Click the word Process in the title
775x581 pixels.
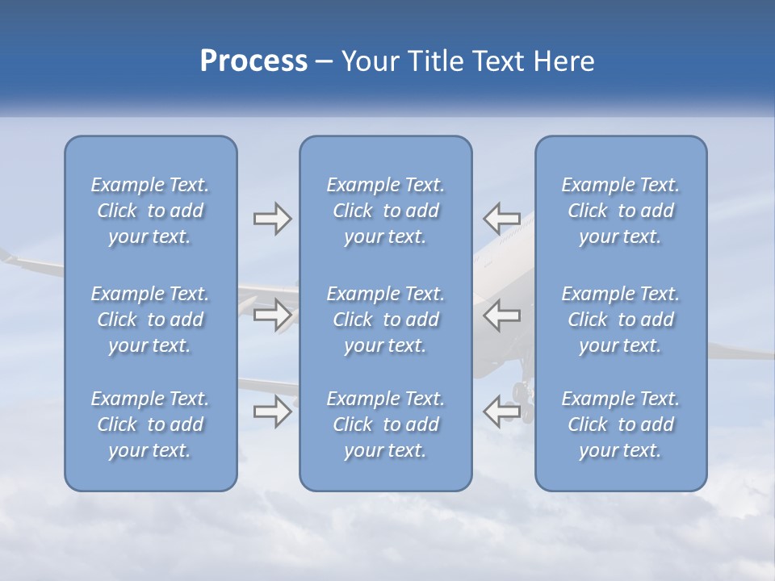tap(253, 61)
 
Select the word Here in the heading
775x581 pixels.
tap(562, 61)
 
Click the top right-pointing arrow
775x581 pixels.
tap(272, 219)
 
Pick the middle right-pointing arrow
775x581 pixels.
tap(272, 315)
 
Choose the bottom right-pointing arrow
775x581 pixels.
tap(272, 412)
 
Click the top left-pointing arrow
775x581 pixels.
tap(501, 219)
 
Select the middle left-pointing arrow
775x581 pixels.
tap(501, 315)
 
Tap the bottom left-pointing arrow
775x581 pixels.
tap(501, 412)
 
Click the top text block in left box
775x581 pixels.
tap(150, 211)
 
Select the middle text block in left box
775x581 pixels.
tap(150, 320)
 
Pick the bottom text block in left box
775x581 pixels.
tap(150, 424)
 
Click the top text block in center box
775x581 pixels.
tap(386, 211)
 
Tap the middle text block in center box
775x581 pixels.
tap(386, 320)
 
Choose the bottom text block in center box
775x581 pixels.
tap(386, 424)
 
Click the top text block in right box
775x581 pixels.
tap(621, 211)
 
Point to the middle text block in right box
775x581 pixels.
tap(621, 320)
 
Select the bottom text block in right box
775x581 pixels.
tap(621, 424)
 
